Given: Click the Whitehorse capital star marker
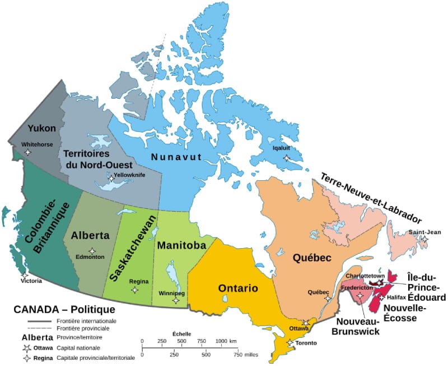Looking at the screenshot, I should pos(28,152).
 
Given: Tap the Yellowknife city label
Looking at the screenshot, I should pos(129,175).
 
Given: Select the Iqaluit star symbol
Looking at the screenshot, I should pos(287,158).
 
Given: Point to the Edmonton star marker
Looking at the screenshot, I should pos(92,250).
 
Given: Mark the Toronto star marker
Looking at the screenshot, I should pos(290,342).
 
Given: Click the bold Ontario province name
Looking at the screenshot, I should pos(238,289).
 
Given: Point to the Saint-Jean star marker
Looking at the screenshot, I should pos(424,240).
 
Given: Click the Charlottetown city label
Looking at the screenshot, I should pos(365,276).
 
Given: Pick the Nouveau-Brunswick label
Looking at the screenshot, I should pos(359,326).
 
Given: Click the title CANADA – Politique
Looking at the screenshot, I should pos(64,309).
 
